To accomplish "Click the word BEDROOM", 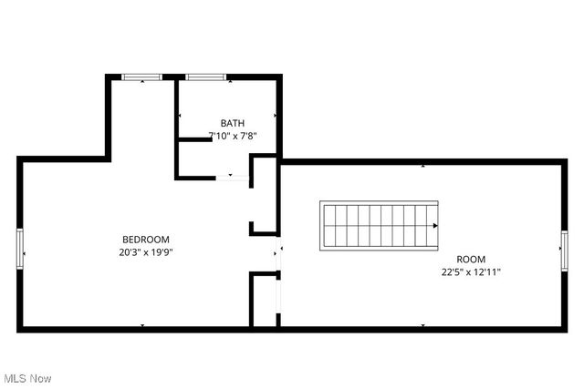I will click(146, 240).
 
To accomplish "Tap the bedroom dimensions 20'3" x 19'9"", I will click(146, 251).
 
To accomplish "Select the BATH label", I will click(233, 123).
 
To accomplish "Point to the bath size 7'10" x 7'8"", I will click(233, 136).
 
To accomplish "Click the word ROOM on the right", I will click(471, 259).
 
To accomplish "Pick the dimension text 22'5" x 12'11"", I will click(471, 271).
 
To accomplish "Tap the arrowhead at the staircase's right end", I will click(435, 226).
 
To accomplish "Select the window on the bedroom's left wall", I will click(20, 248).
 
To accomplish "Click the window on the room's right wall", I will click(563, 248).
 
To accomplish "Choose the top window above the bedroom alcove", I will click(143, 77).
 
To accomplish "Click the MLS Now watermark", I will click(26, 378).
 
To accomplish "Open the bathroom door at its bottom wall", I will click(232, 178).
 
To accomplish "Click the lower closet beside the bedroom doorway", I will click(264, 301).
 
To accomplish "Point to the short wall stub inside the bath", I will click(193, 139).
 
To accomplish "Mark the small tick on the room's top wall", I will click(422, 166).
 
